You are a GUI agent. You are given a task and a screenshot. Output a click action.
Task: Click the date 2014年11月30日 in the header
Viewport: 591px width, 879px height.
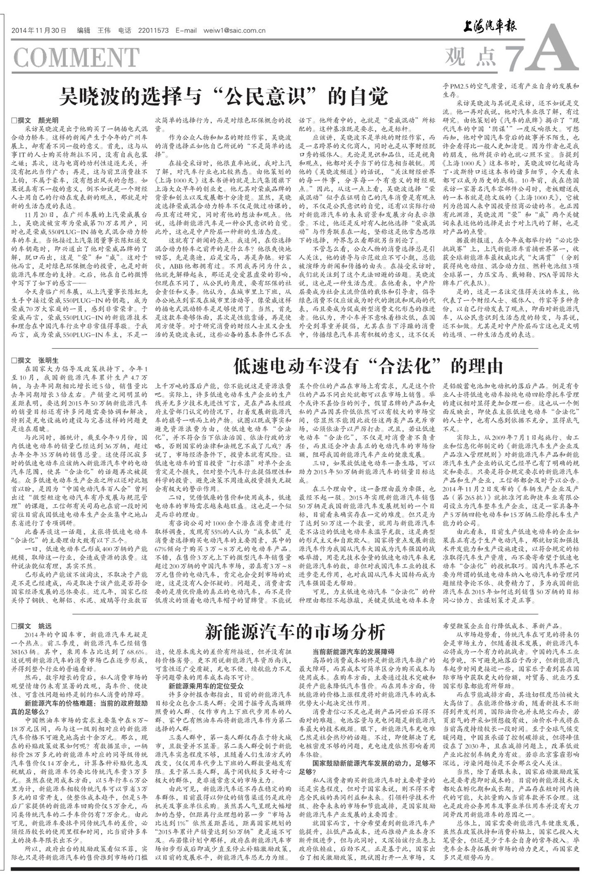tap(39, 31)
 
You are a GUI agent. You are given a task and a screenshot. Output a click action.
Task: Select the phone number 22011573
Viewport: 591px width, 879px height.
tap(153, 31)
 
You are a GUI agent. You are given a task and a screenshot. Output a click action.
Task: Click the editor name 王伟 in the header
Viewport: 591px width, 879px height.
tap(104, 31)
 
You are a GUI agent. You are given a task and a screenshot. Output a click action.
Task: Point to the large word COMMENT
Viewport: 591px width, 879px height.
tap(76, 57)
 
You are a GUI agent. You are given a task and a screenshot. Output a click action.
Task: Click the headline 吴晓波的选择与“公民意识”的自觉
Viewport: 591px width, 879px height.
tap(223, 97)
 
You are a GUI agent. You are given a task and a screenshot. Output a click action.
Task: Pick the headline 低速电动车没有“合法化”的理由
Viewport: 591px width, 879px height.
tap(368, 366)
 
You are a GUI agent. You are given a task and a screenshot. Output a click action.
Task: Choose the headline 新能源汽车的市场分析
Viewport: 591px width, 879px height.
tap(295, 631)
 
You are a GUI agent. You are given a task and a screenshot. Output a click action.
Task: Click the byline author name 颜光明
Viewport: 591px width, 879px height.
tap(48, 121)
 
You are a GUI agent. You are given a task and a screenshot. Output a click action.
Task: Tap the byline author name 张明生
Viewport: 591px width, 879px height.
tap(48, 360)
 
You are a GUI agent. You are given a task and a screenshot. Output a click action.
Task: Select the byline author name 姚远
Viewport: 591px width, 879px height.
tap(45, 626)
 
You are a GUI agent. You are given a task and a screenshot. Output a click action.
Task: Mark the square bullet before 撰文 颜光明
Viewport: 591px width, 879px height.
tap(14, 121)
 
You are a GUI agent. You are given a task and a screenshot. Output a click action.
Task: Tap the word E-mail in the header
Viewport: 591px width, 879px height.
tap(186, 31)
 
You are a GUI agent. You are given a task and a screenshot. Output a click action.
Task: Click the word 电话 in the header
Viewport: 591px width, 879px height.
tap(125, 31)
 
